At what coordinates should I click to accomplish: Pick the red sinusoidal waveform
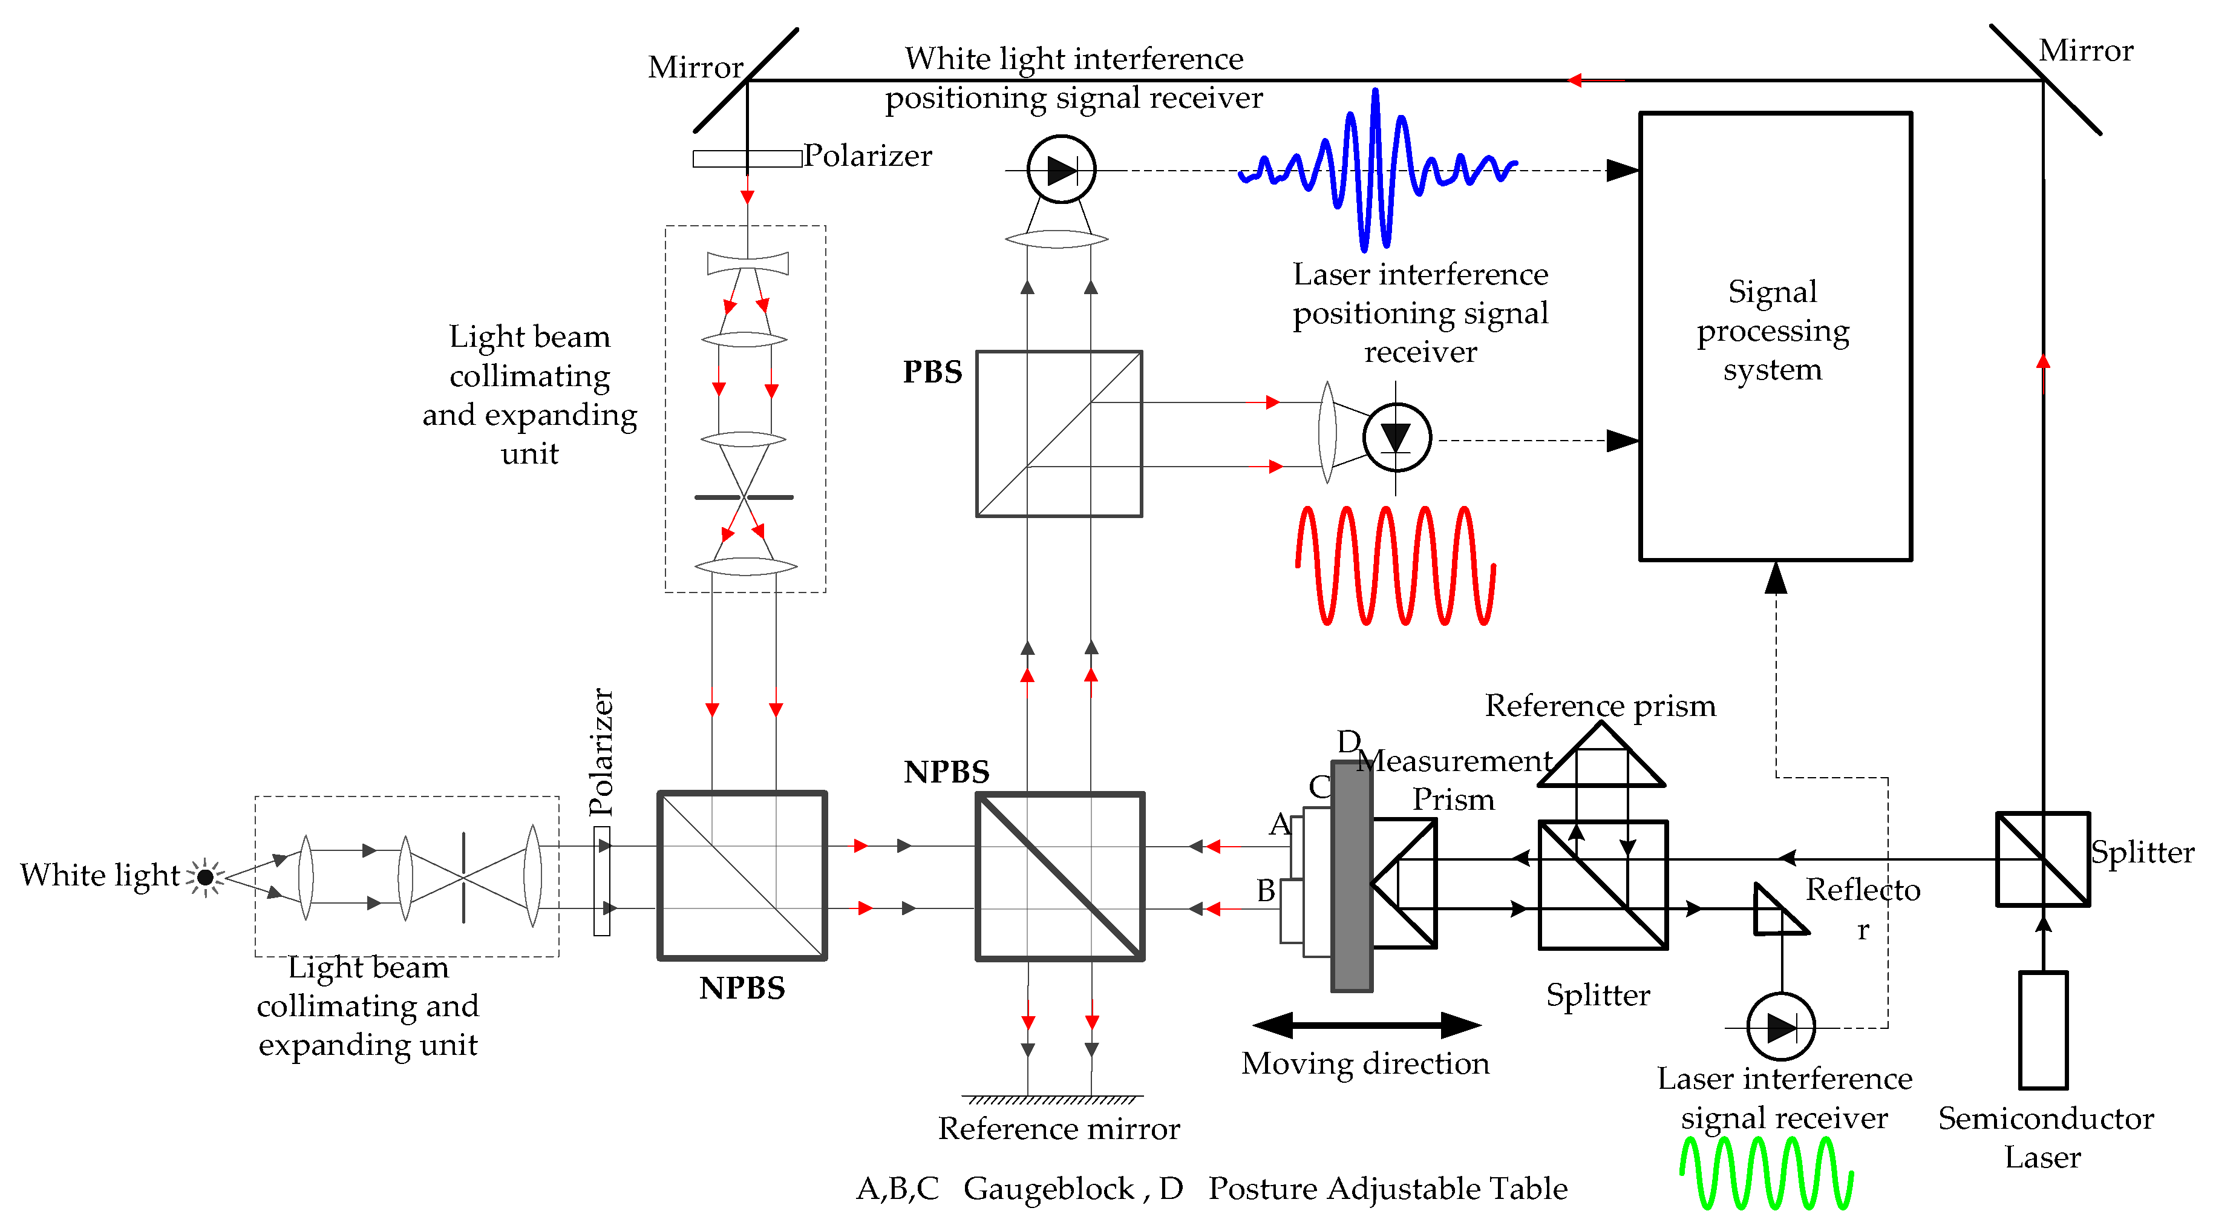pos(1395,565)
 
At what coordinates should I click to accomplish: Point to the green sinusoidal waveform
pos(1767,1172)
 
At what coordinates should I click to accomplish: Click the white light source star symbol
pos(205,876)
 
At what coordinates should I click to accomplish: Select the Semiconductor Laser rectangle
pos(2043,1029)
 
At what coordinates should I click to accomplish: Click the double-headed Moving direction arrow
pos(1366,1024)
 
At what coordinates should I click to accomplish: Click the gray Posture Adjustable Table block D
pos(1352,876)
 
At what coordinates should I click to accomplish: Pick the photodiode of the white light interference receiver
pos(1061,169)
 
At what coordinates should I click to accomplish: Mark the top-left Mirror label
pos(695,67)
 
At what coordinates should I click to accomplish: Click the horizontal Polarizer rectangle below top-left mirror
pos(747,158)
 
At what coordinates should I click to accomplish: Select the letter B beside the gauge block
pos(1266,890)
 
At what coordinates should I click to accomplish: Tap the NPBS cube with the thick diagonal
pos(1060,876)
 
